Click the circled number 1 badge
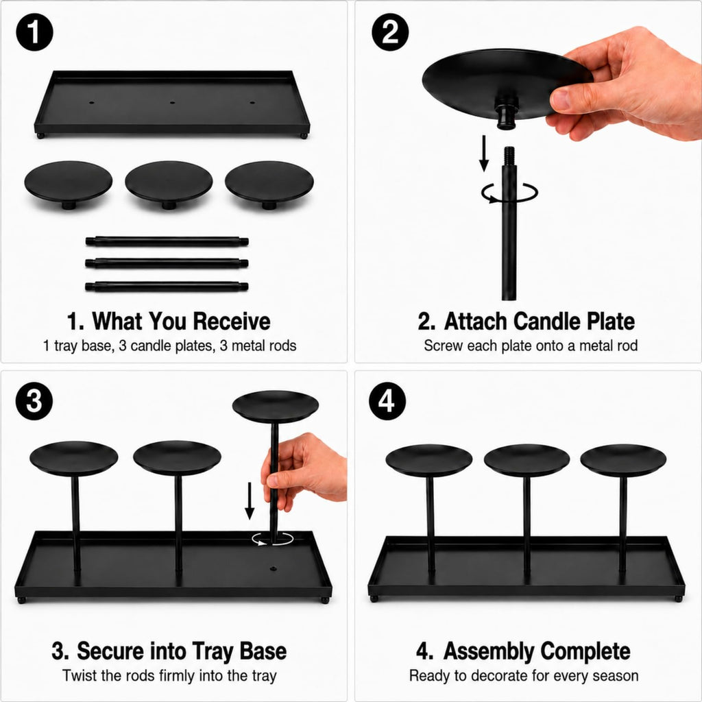[34, 32]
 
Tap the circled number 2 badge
[390, 32]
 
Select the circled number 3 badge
[34, 401]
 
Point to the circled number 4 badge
[387, 401]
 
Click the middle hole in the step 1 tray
[172, 103]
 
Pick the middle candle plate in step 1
[169, 184]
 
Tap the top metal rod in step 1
[167, 242]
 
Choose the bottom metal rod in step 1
[167, 287]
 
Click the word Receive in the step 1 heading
[232, 321]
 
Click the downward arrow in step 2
[484, 153]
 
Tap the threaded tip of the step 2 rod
[509, 156]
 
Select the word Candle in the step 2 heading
[546, 321]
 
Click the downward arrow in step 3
[250, 500]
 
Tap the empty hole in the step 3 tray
[273, 569]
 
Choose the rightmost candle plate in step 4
[623, 460]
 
